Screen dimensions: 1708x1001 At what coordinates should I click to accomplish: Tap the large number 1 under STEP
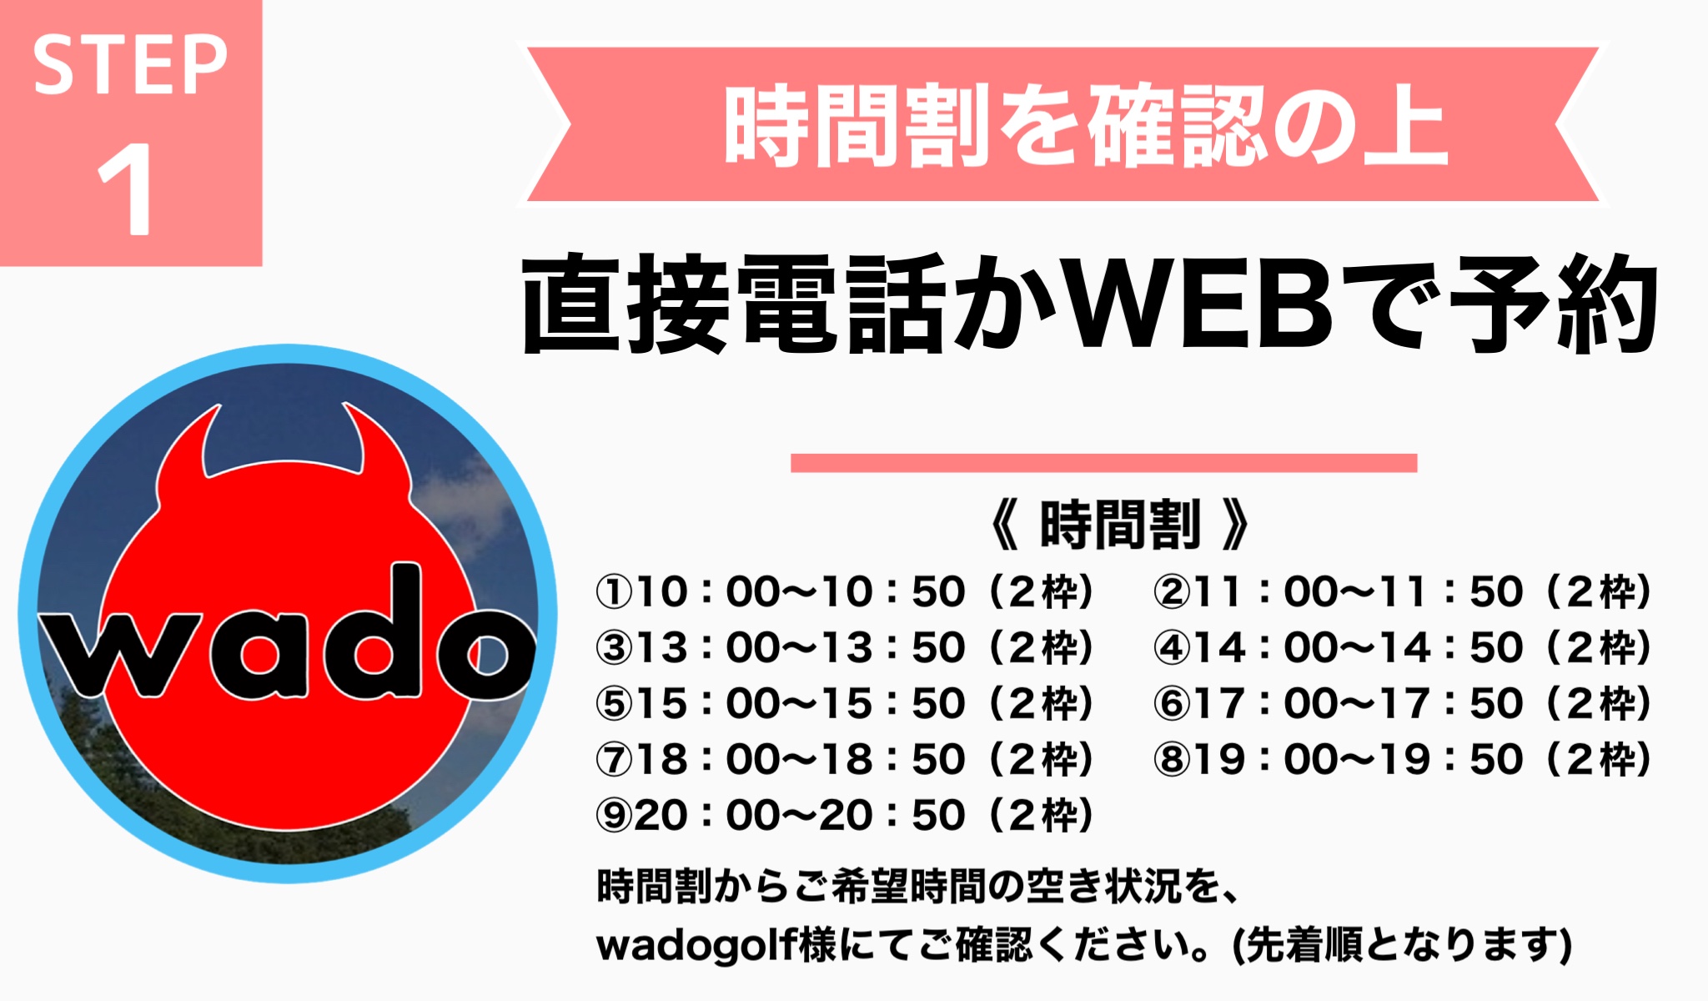[126, 189]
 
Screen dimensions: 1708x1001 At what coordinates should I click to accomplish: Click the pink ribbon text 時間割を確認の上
[1085, 125]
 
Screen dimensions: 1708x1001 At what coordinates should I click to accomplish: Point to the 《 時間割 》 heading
[1119, 525]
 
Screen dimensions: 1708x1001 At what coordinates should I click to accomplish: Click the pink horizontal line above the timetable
[1103, 463]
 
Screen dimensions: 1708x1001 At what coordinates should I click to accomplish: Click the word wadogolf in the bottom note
[696, 945]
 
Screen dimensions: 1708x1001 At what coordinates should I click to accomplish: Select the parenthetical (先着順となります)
[1402, 945]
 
